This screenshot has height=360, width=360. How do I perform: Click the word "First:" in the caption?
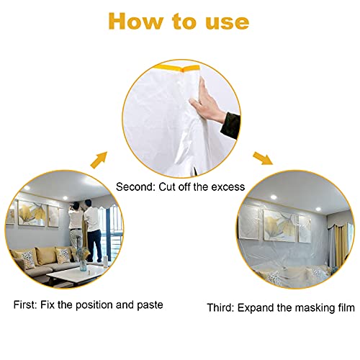24,305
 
